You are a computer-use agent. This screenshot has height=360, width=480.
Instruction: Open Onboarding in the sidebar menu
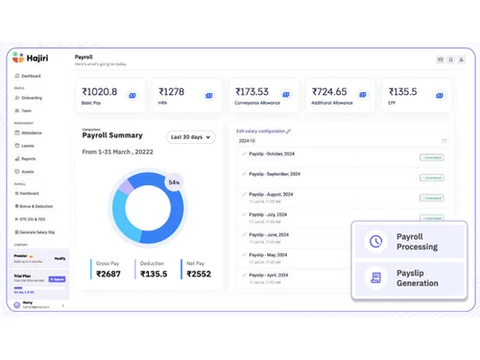[31, 98]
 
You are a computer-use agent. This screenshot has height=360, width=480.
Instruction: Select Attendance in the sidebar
[31, 132]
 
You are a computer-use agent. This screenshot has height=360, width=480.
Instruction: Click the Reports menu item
[29, 159]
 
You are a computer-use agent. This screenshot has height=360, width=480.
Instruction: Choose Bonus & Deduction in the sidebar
[36, 206]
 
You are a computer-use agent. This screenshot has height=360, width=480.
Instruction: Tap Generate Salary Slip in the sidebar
[36, 232]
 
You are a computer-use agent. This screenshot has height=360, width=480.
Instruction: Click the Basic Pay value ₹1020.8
[100, 92]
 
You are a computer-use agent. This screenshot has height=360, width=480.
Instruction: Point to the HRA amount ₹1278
[172, 92]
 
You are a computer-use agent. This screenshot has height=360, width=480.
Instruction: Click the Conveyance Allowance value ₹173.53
[252, 92]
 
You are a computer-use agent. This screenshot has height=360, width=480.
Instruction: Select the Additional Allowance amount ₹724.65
[329, 92]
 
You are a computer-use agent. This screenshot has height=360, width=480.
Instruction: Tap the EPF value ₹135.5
[403, 92]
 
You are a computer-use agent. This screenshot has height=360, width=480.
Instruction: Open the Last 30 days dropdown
[190, 137]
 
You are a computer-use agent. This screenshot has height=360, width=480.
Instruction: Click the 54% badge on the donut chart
[174, 182]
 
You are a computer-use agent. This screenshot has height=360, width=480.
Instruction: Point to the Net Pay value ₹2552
[199, 274]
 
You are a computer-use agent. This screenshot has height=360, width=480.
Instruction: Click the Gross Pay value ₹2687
[108, 274]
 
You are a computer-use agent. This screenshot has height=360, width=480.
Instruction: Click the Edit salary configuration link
[263, 131]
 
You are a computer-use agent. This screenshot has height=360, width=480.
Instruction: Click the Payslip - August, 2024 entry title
[272, 194]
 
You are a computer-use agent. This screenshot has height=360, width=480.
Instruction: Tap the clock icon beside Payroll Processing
[375, 242]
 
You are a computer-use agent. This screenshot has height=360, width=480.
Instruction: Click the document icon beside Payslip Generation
[375, 277]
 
